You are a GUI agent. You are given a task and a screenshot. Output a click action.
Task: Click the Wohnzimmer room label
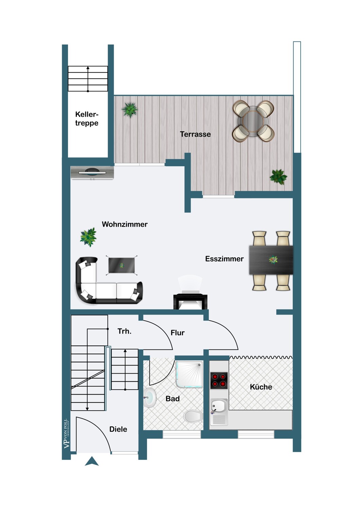[x=125, y=224]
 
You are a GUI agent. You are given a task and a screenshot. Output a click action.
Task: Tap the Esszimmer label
[x=224, y=259]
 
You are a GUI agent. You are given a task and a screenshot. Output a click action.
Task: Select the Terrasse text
[x=195, y=134]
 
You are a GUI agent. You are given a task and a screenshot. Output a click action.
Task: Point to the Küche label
[x=261, y=387]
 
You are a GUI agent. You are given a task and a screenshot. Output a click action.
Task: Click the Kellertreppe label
[x=87, y=119]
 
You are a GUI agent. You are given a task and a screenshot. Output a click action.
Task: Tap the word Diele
[x=118, y=429]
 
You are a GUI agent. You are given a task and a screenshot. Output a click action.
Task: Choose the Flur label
[x=178, y=333]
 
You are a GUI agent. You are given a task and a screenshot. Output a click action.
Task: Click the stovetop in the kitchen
[x=219, y=381]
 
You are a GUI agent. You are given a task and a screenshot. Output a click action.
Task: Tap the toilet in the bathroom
[x=193, y=416]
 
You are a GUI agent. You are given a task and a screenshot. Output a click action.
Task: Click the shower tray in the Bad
[x=189, y=375]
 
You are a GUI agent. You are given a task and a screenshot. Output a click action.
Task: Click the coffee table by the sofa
[x=122, y=265]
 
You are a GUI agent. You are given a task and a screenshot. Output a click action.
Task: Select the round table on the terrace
[x=253, y=121]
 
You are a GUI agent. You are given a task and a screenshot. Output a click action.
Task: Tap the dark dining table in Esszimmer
[x=271, y=260]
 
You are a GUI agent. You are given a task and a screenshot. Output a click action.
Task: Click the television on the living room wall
[x=92, y=173]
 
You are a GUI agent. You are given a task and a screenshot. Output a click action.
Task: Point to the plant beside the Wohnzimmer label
[x=88, y=237]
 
